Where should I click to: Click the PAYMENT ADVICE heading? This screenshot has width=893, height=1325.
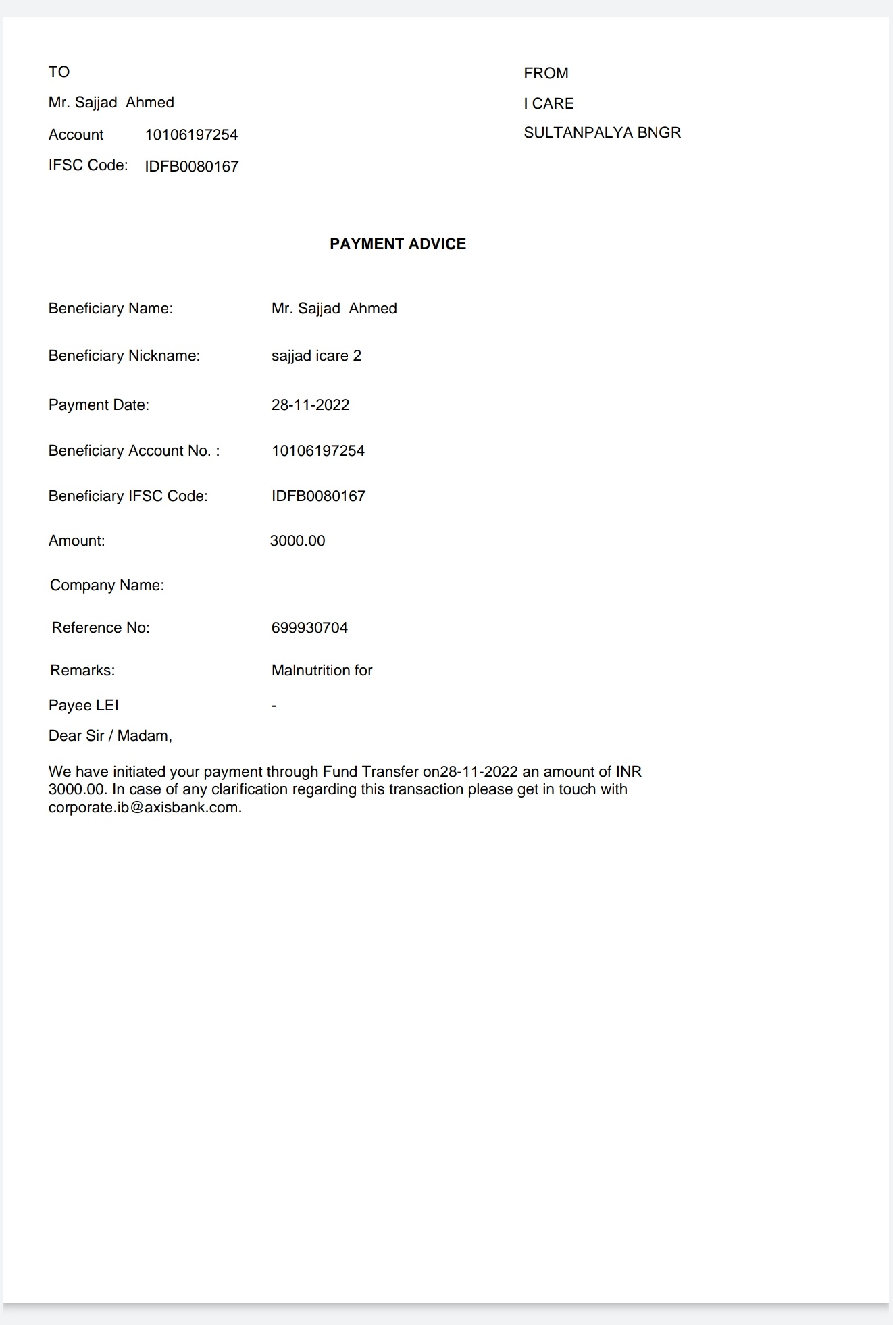[398, 244]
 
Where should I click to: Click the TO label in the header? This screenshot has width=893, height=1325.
[59, 72]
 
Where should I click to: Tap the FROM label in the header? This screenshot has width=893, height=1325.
[546, 73]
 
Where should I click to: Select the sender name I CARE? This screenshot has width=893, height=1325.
[548, 103]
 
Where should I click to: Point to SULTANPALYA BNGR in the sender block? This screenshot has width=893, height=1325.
[602, 132]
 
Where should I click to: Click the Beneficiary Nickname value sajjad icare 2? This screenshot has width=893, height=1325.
[316, 355]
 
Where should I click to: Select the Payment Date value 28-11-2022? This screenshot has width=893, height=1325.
[310, 405]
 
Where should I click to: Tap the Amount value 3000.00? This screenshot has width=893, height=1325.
[297, 540]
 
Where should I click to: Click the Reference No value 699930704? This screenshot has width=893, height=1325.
[309, 627]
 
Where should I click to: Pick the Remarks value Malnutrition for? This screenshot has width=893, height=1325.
[322, 670]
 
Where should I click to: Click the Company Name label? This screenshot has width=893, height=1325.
[107, 585]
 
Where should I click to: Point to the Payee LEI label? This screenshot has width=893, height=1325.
[83, 705]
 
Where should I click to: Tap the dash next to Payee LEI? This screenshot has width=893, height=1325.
[274, 706]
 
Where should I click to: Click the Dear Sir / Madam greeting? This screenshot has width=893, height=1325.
[110, 735]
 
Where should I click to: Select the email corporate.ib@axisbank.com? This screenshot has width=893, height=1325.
[145, 807]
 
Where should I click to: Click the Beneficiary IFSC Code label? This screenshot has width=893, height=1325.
[128, 496]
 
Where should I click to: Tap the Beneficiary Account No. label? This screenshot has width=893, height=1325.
[134, 450]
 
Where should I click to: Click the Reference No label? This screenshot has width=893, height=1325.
[101, 627]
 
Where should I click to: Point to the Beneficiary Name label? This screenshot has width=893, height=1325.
[110, 308]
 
